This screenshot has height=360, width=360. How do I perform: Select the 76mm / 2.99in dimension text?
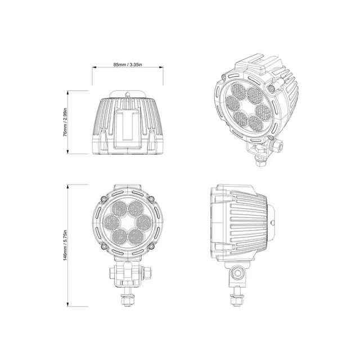click(66, 122)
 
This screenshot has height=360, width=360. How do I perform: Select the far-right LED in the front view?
click(143, 218)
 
